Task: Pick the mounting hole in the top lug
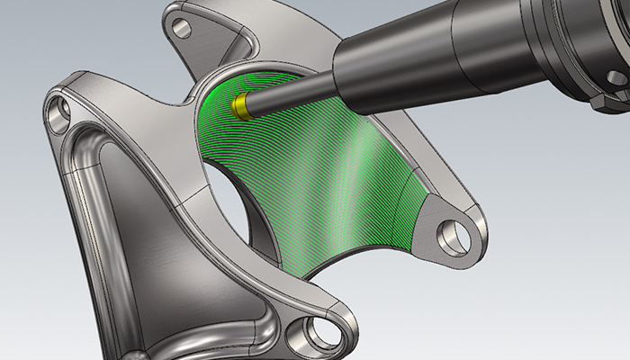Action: [x=182, y=28]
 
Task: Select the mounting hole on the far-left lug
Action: [x=63, y=113]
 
